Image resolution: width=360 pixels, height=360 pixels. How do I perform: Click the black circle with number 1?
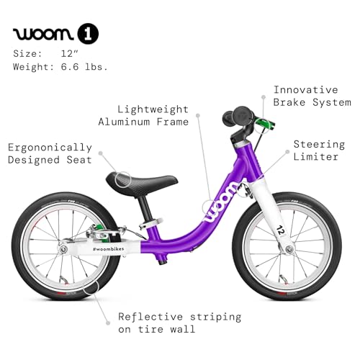(88, 34)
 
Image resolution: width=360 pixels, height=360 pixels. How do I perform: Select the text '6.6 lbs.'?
(84, 66)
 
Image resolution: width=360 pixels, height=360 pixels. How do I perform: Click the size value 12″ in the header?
(70, 53)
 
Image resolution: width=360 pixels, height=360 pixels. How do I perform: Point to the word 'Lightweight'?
(153, 109)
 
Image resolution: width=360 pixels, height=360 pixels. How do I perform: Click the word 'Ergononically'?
(50, 148)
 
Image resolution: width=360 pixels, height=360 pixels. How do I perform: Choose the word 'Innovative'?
(306, 90)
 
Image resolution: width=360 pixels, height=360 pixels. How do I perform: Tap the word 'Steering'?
(319, 144)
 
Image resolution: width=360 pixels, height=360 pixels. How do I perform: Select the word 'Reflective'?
(150, 317)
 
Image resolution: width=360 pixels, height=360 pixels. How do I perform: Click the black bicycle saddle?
(142, 181)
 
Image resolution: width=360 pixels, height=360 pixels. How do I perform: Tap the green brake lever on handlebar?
(265, 123)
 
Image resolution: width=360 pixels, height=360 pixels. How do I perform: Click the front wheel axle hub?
(289, 249)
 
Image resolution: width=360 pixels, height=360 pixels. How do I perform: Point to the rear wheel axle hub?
(63, 249)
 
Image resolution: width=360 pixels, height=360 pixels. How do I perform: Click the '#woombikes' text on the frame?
(109, 249)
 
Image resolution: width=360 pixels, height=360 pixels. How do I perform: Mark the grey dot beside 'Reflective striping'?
(108, 323)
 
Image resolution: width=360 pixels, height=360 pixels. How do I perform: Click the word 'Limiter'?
(316, 157)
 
